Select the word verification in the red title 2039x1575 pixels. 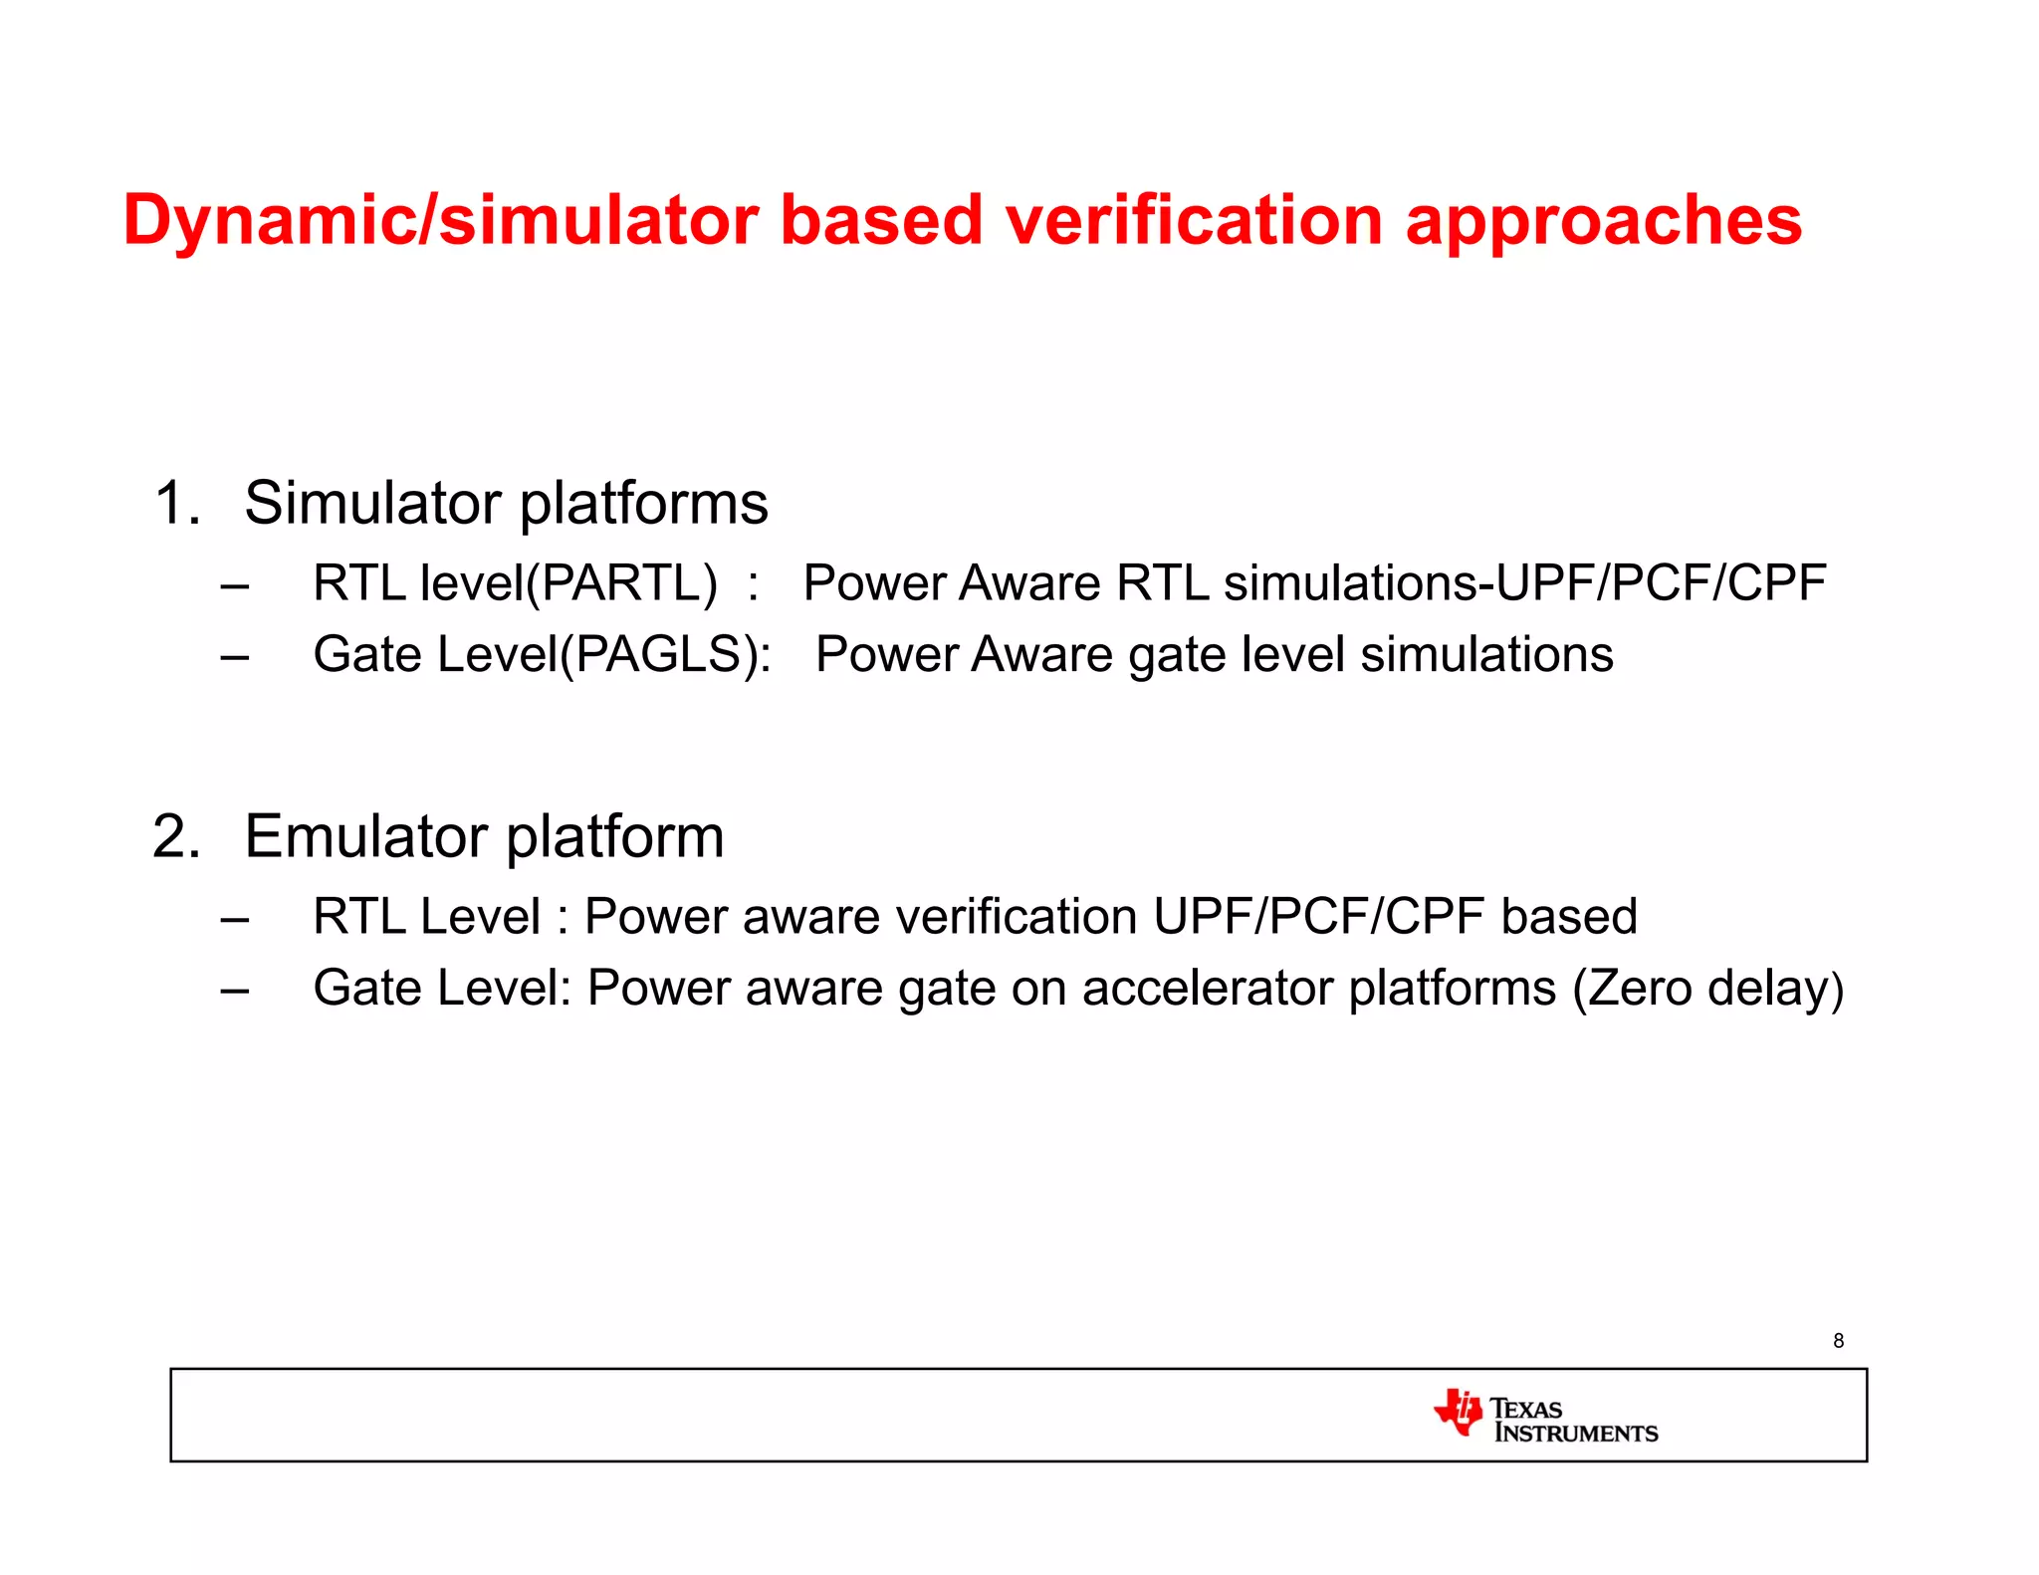(1194, 221)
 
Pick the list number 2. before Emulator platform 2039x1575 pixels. (177, 836)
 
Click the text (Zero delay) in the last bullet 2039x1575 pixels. (1708, 989)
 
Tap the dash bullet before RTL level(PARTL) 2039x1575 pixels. (235, 586)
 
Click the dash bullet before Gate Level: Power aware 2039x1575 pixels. (235, 992)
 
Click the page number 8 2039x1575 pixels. (1838, 1341)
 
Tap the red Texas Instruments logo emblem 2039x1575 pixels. (1459, 1412)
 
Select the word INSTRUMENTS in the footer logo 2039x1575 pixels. (1576, 1434)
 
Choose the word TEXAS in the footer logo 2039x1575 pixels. (1526, 1409)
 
